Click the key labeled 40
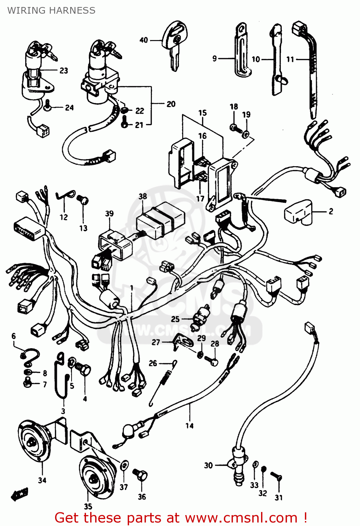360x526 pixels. [174, 44]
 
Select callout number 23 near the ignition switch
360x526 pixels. [64, 70]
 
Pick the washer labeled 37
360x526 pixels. [124, 466]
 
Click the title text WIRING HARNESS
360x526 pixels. [51, 11]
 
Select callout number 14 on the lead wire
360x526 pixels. [189, 426]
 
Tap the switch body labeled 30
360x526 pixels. [238, 465]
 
